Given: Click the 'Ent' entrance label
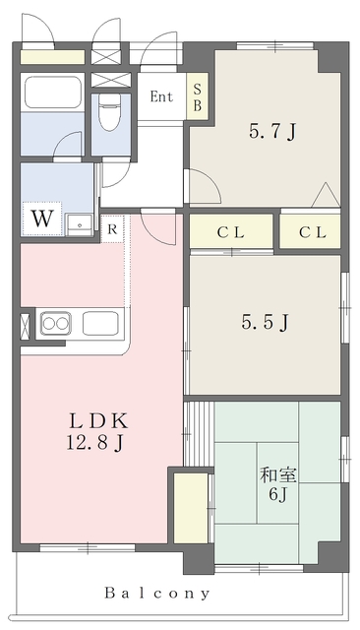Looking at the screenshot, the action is (161, 96).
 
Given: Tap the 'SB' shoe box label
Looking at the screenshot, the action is (198, 96).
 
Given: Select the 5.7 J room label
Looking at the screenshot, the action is (272, 132).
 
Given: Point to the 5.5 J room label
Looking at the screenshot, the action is (265, 322).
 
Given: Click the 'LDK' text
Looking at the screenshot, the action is (98, 421).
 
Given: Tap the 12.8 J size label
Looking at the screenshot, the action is (94, 443).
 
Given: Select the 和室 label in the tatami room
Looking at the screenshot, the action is (278, 475).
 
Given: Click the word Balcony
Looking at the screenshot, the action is (157, 593).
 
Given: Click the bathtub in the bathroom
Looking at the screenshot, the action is (53, 92).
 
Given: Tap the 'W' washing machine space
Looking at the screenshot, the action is (42, 219).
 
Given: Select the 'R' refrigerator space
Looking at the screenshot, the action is (112, 229).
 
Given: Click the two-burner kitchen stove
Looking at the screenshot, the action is (56, 324).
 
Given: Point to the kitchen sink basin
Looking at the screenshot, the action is (100, 324).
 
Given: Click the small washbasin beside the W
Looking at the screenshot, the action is (80, 225).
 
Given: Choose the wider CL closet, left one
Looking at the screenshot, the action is (231, 231).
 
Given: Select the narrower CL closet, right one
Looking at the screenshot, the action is (310, 231).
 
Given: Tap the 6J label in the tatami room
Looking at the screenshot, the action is (277, 494).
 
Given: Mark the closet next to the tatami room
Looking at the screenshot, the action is (191, 508).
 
